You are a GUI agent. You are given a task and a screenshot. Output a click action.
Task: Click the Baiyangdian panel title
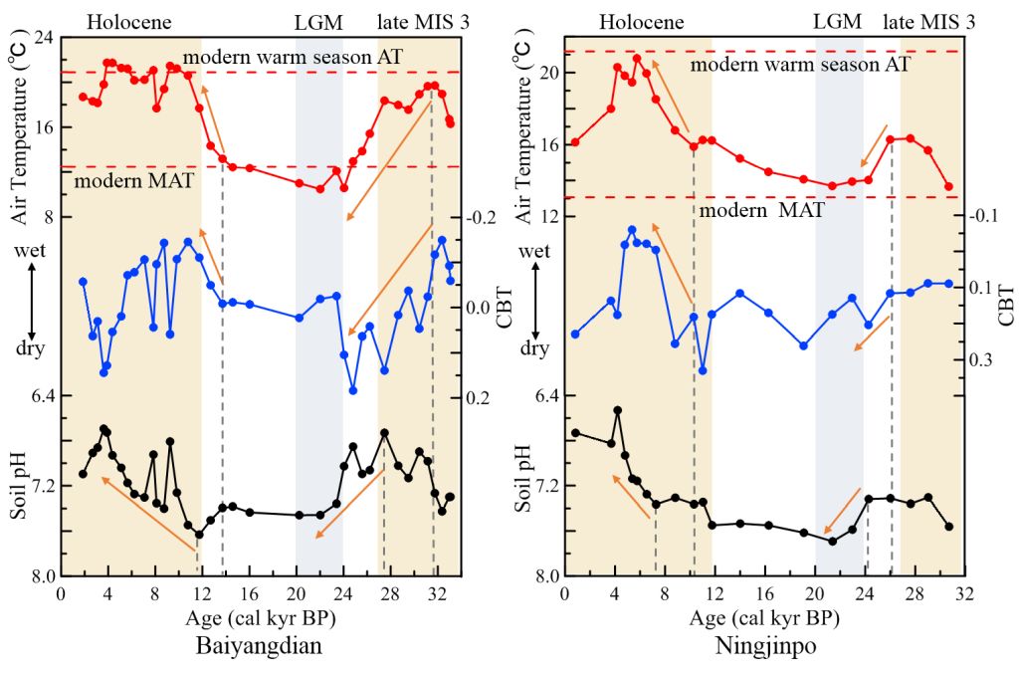click(x=262, y=646)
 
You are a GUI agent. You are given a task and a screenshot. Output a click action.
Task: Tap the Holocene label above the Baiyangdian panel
click(x=129, y=21)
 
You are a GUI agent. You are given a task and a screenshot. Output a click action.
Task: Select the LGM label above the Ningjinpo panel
click(x=839, y=21)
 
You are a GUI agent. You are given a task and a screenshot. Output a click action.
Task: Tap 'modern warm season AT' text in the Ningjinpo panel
click(x=799, y=64)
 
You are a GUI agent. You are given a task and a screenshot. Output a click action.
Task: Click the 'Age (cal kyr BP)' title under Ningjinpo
click(x=763, y=618)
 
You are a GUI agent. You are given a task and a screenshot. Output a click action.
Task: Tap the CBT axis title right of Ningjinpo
click(x=1005, y=306)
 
